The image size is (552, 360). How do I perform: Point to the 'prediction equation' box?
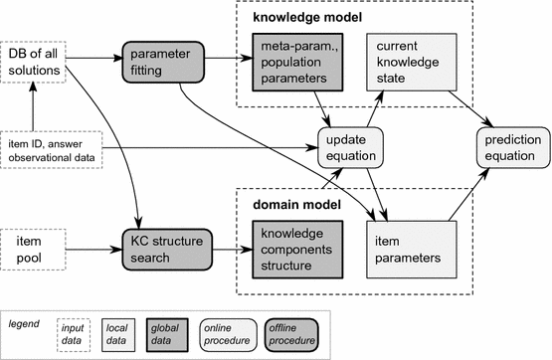point(512,145)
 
